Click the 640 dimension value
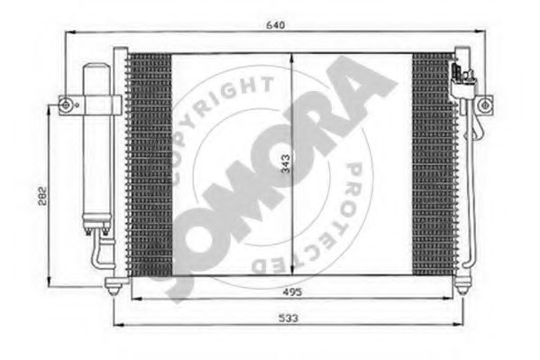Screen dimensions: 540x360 [276, 25]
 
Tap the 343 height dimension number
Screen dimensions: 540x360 [286, 163]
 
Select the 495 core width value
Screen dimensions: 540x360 [292, 292]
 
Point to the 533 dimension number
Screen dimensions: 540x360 [288, 318]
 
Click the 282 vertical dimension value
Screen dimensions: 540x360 [42, 196]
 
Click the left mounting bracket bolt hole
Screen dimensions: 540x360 [66, 105]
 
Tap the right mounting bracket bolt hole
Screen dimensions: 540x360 [484, 105]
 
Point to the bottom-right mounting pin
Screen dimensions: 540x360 [462, 285]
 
